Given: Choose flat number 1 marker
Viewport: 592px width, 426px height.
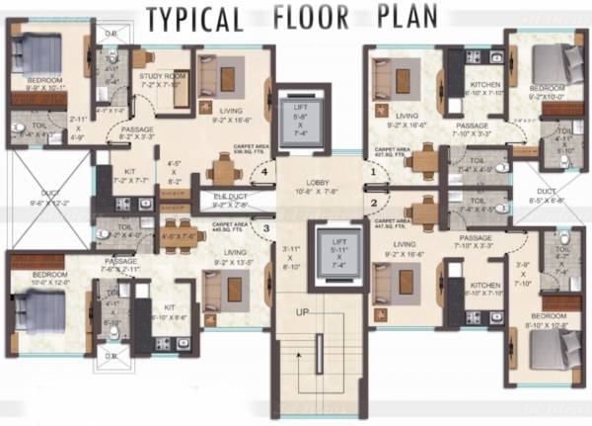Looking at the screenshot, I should point(372,171).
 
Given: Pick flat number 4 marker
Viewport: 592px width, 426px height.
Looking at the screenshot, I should point(265,171).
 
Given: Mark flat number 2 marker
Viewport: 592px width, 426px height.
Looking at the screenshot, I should point(372,205).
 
